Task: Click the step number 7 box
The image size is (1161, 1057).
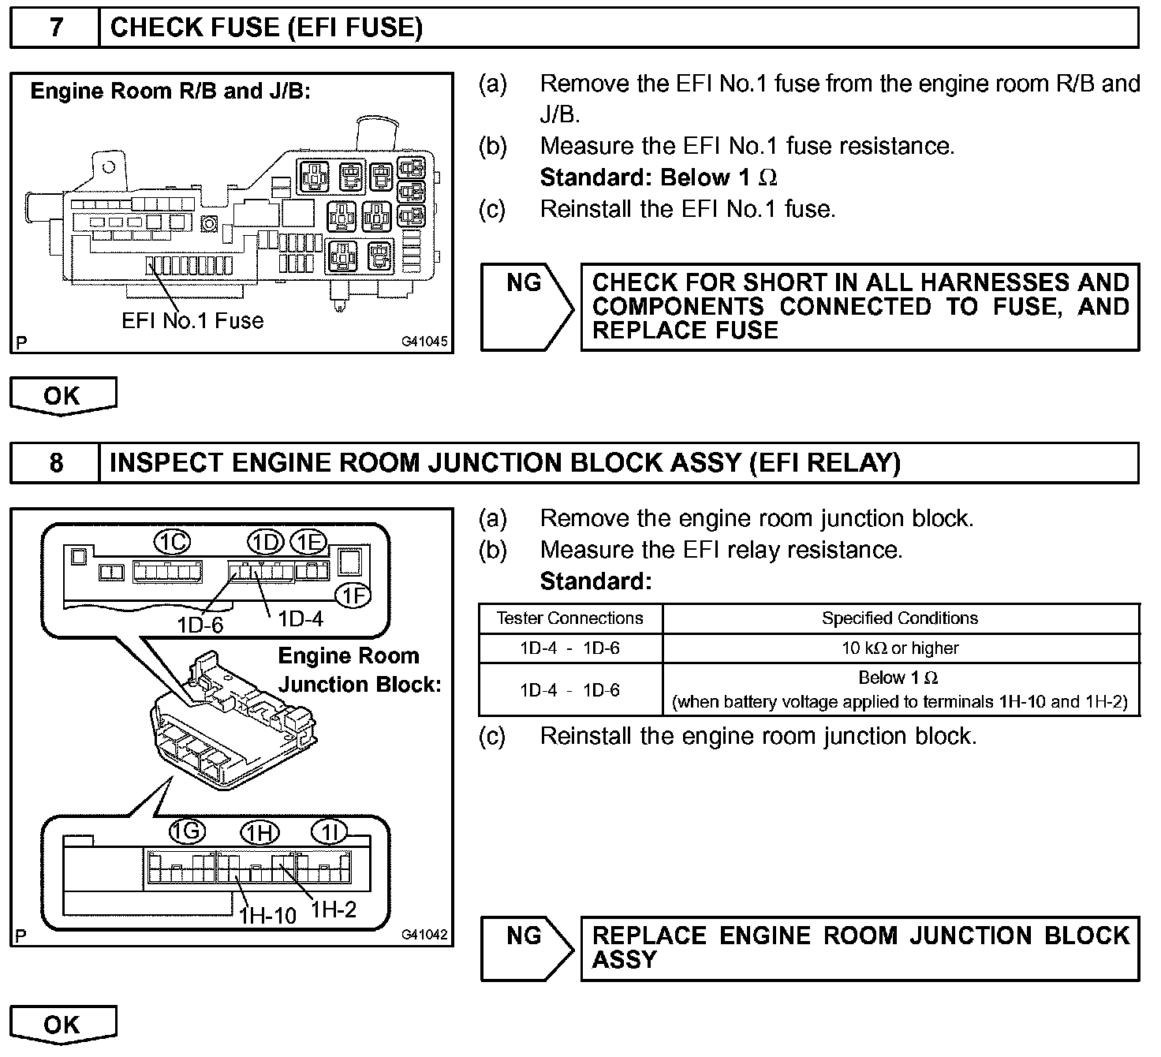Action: (x=55, y=28)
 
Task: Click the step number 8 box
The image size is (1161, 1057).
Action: (x=55, y=462)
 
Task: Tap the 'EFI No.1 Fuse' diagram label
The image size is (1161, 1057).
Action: (x=192, y=321)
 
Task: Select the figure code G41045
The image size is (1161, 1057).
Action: (x=424, y=342)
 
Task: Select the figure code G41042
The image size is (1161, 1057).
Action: (x=424, y=935)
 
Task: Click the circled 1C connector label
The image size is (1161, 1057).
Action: (x=171, y=543)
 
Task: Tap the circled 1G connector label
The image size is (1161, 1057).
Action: (x=188, y=831)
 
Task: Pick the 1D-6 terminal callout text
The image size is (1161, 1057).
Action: (x=200, y=625)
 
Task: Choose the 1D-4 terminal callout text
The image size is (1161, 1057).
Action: (x=301, y=619)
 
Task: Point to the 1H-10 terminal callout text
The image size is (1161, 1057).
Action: (x=268, y=915)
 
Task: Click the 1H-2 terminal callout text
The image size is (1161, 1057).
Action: (x=334, y=909)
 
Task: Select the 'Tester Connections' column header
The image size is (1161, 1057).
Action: (x=569, y=618)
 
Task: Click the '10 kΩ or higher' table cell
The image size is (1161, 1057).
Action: (x=900, y=648)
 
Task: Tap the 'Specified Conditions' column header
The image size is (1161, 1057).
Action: (x=900, y=618)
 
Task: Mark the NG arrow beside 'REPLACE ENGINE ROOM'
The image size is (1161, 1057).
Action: (x=526, y=947)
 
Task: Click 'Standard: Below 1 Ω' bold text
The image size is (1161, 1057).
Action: (x=659, y=178)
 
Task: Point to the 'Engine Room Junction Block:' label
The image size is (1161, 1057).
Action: (x=359, y=670)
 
